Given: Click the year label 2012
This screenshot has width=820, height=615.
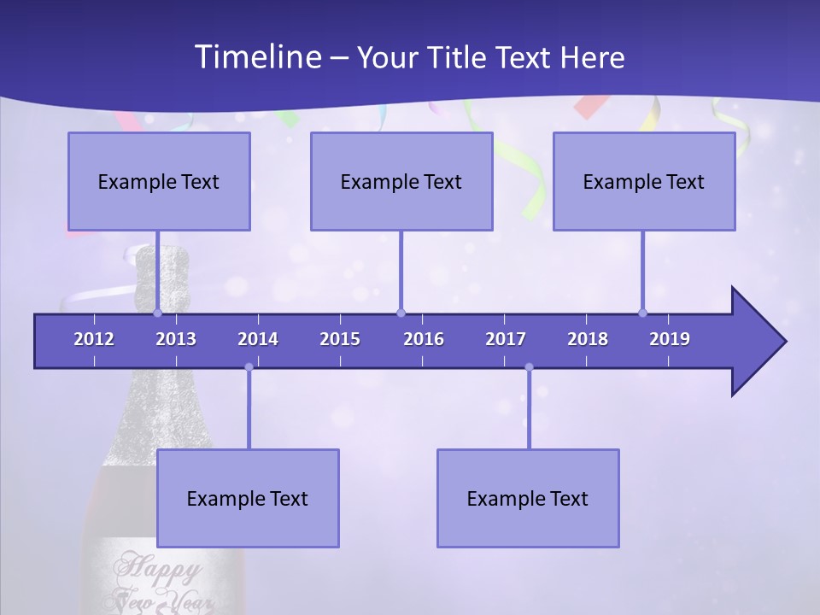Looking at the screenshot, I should click(x=94, y=339).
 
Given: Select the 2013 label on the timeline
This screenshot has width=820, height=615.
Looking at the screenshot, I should click(x=176, y=339).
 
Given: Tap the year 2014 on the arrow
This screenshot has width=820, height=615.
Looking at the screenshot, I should click(x=258, y=339).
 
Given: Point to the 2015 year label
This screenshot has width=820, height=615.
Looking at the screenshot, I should click(x=340, y=339).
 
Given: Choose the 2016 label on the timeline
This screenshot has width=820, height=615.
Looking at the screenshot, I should click(x=424, y=339).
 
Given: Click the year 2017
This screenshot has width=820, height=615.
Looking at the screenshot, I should click(x=506, y=339).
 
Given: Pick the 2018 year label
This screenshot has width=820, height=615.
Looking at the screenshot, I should click(x=588, y=339).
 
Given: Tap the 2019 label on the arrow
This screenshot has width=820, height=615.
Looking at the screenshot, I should click(x=670, y=339).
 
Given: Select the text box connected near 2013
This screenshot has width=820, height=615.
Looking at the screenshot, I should click(x=159, y=182).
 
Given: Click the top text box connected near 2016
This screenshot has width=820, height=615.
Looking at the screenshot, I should click(x=401, y=182).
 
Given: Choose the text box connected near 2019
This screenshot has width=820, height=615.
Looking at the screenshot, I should click(x=644, y=182).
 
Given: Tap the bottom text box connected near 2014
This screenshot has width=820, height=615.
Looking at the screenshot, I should click(x=248, y=499).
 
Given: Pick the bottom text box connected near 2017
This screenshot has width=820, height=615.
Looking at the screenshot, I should click(x=528, y=499).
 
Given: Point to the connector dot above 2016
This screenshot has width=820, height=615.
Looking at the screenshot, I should click(x=401, y=313).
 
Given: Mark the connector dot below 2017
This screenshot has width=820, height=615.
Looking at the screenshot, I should click(x=529, y=367).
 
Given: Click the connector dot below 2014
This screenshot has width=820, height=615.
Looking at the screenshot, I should click(x=249, y=367).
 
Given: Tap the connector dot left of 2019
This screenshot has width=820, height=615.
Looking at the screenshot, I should click(x=642, y=313).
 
